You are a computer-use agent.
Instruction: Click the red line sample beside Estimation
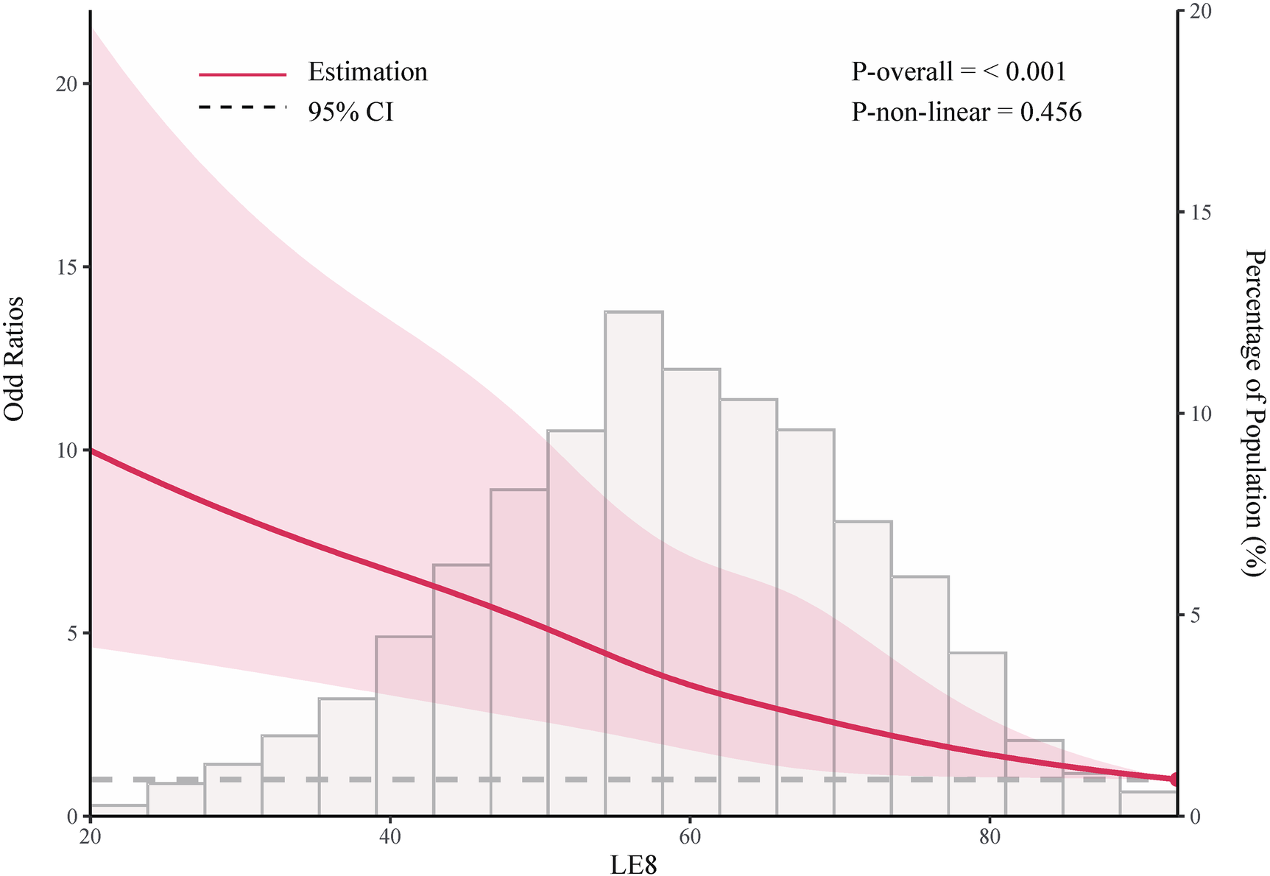click(x=242, y=74)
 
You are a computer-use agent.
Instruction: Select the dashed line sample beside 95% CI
click(x=242, y=107)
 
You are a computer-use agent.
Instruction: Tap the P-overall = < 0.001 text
click(x=959, y=71)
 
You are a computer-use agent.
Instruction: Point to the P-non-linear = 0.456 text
click(x=966, y=112)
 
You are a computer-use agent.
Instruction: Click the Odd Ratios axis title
click(x=15, y=358)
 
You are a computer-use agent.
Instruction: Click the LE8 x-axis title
click(x=633, y=864)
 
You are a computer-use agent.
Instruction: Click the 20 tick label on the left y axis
click(x=68, y=84)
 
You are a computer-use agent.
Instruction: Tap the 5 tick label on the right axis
click(x=1197, y=615)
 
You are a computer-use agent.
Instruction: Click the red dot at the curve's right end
click(x=1176, y=779)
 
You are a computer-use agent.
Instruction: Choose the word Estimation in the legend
click(x=367, y=72)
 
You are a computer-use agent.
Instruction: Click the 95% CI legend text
click(x=350, y=112)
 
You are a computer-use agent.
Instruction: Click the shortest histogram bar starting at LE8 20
click(x=119, y=810)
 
